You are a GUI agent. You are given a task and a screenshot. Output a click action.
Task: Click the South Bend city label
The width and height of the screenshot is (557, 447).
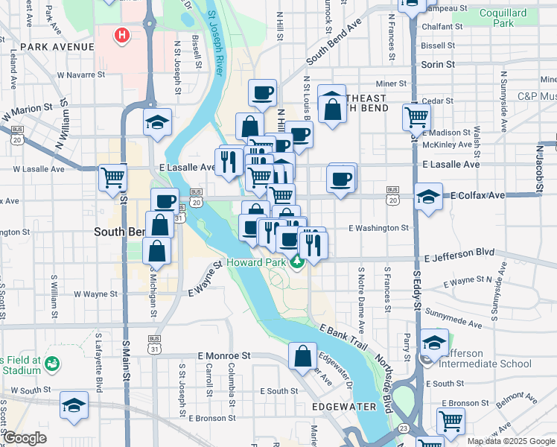coord(119,232)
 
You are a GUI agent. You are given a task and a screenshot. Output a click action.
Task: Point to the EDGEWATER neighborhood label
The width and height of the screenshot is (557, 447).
coord(345,407)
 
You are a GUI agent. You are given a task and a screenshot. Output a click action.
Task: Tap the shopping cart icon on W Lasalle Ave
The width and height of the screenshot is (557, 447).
coord(113,177)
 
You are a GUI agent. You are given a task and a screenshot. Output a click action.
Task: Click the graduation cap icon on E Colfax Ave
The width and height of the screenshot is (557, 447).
coord(428,197)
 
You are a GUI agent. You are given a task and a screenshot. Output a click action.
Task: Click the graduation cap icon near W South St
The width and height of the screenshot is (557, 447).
coord(74,405)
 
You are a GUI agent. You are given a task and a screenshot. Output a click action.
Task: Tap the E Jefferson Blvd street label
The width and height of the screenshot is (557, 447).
coord(459,255)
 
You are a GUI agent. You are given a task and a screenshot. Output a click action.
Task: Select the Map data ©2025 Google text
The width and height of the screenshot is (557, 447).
coord(510,441)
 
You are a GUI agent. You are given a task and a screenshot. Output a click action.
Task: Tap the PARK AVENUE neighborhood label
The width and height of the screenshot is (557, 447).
coord(57,46)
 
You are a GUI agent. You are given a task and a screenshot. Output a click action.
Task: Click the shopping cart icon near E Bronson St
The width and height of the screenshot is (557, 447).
coord(451,420)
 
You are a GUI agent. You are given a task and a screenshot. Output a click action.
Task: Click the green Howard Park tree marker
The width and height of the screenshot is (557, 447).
coord(297,261)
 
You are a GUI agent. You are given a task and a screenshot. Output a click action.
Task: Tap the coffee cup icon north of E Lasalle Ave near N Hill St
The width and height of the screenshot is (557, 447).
coord(262,92)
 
